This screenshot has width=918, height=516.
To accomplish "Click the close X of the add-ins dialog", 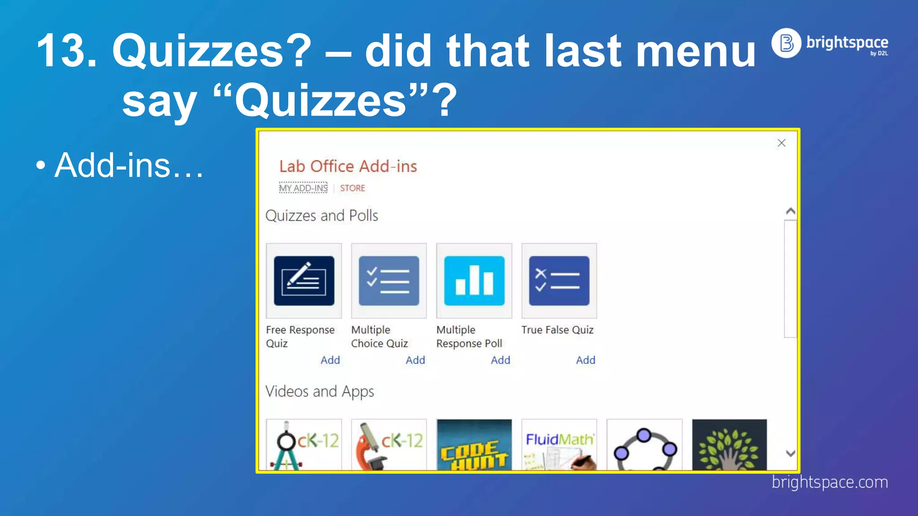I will [781, 143].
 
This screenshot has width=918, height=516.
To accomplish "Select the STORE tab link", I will [352, 188].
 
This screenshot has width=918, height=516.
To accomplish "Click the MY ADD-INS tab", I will [303, 188].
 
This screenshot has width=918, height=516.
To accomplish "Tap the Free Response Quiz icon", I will [304, 281].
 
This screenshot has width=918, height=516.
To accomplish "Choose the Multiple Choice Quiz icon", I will [389, 281].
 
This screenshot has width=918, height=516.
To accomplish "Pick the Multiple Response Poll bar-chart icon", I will [474, 281].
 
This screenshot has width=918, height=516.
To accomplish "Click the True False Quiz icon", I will [559, 281].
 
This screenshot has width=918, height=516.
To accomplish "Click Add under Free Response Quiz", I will [330, 360].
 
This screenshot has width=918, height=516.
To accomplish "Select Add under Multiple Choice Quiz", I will [415, 360].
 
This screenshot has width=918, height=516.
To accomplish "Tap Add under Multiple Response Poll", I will [500, 360].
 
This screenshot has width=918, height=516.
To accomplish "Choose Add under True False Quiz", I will [585, 360].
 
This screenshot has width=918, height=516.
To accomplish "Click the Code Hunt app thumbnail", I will [474, 445].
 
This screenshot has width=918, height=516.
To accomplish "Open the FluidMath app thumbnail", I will [559, 445].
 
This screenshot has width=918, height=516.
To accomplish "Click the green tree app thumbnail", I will [729, 445].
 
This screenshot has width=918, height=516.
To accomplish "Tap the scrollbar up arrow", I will [791, 211].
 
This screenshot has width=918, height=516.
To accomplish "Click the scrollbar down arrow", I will [791, 453].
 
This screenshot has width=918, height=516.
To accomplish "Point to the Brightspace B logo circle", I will [786, 43].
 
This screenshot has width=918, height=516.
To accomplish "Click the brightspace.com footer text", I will [830, 482].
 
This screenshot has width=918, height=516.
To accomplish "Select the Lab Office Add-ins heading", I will [348, 167].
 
